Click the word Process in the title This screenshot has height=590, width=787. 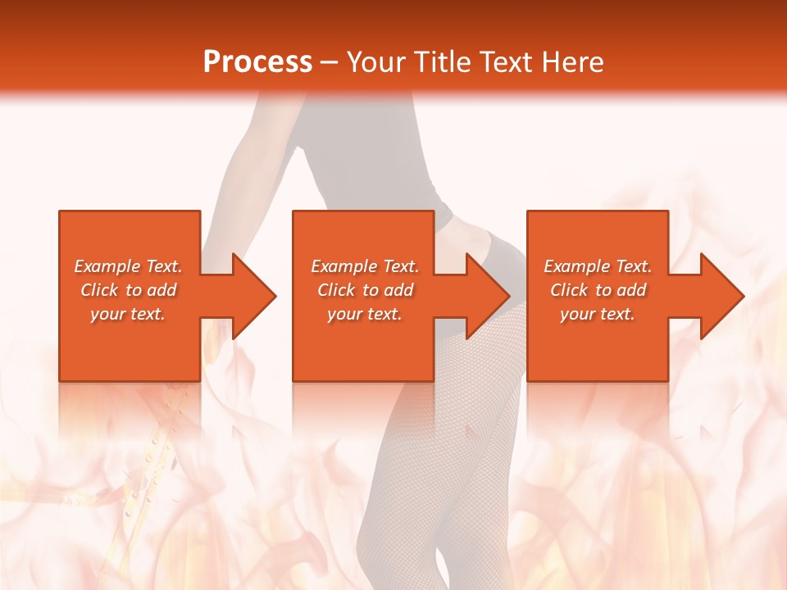pos(257,62)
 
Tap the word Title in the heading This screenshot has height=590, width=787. pos(442,62)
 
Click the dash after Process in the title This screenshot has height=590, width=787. pos(330,63)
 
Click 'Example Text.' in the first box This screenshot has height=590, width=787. pos(129,266)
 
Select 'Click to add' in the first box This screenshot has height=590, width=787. pos(129,290)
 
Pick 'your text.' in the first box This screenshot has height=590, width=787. pos(129,314)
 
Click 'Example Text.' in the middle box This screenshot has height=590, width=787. pos(365,266)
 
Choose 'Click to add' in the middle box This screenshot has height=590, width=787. pos(365,290)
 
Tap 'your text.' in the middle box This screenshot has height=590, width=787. pos(365,314)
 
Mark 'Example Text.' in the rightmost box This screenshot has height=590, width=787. pos(598,266)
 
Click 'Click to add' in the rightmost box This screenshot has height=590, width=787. pos(598,290)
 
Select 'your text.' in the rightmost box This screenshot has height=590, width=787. pos(598,314)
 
